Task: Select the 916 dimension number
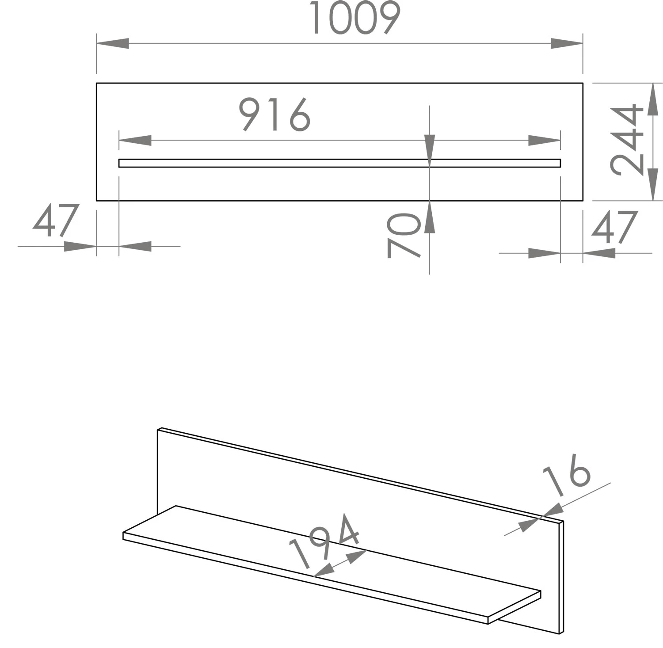(x=274, y=114)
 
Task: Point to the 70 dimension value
(x=404, y=235)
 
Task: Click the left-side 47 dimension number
(x=56, y=221)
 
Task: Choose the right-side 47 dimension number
(x=614, y=227)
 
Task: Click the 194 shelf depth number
(x=324, y=541)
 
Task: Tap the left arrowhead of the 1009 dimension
(x=113, y=43)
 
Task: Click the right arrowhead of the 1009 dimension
(x=567, y=43)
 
